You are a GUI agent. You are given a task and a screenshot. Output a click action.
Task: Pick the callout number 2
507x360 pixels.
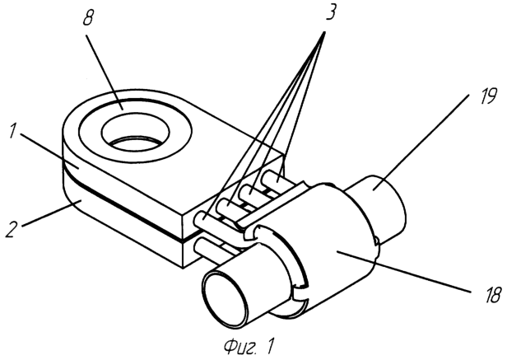tap(11, 225)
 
